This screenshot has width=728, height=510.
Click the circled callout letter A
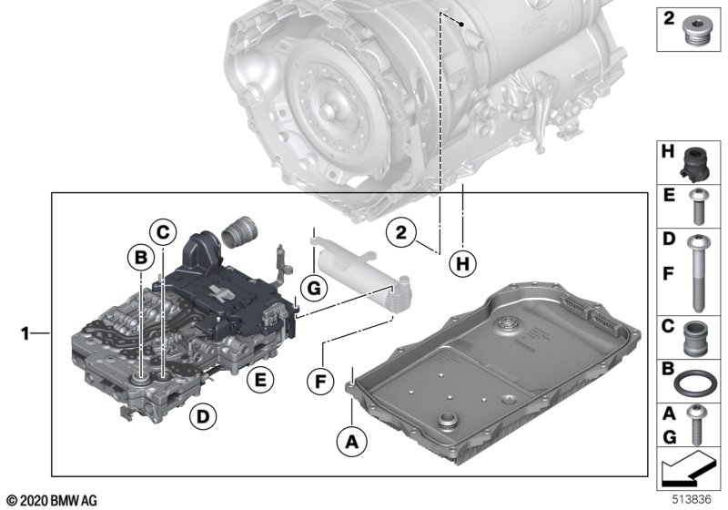click(x=348, y=443)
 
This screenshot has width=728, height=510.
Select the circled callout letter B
click(x=139, y=260)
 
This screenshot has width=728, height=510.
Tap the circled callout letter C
click(x=161, y=232)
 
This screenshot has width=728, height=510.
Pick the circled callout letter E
click(x=261, y=380)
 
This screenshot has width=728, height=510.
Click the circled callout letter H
click(x=463, y=264)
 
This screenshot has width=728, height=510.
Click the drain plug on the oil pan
click(x=447, y=423)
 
